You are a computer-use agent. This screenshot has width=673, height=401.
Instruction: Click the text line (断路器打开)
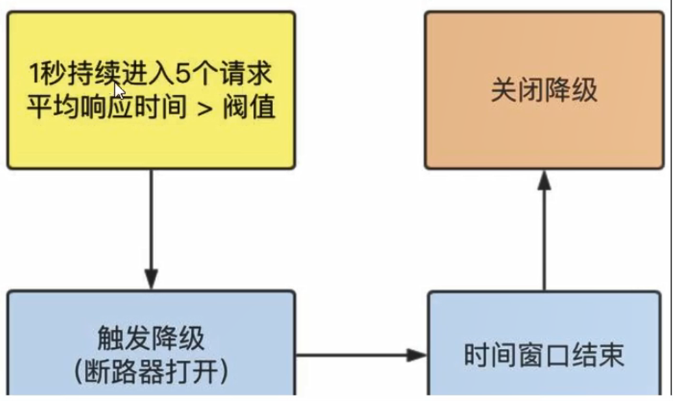click(150, 372)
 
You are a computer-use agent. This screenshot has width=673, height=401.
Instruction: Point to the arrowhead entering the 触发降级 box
click(150, 279)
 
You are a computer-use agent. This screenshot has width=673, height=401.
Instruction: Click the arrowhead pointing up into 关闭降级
click(544, 181)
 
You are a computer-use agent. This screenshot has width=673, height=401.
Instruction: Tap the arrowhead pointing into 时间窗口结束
click(416, 354)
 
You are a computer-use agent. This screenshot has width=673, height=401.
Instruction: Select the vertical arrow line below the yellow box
click(150, 219)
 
